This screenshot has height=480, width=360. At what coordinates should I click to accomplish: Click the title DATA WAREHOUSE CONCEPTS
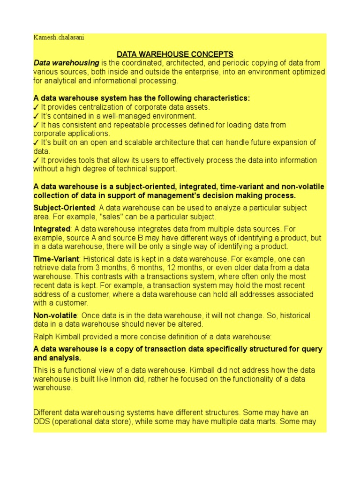175,54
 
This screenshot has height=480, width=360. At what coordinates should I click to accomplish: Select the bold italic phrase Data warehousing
66,63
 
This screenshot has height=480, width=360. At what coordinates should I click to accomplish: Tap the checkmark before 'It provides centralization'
36,107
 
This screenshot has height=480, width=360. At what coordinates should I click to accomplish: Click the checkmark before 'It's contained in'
36,116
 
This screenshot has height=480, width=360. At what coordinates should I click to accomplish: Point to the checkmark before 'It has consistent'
36,125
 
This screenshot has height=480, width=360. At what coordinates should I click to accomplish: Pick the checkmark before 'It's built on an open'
36,142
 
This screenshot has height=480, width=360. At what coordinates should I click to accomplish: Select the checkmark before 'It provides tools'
36,160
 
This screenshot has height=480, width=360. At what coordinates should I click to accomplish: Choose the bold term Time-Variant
56,259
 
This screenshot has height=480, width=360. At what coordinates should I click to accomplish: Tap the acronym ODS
41,421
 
